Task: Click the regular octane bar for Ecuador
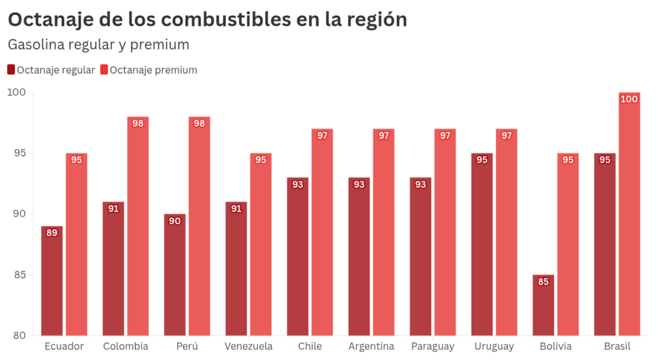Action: coord(52,283)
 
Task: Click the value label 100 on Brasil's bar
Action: coord(629,99)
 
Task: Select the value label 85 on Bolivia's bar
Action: coord(544,282)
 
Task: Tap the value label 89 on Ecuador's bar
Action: coord(52,233)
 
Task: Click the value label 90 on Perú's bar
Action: coord(175,221)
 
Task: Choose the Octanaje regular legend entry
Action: coord(51,70)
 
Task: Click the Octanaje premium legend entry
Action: coord(149,70)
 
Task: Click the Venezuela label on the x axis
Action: coord(249,346)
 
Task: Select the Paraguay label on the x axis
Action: coord(432,346)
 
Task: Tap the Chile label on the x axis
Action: coord(310,346)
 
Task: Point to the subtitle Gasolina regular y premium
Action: coord(98,44)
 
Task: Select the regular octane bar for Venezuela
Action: coord(236,270)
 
